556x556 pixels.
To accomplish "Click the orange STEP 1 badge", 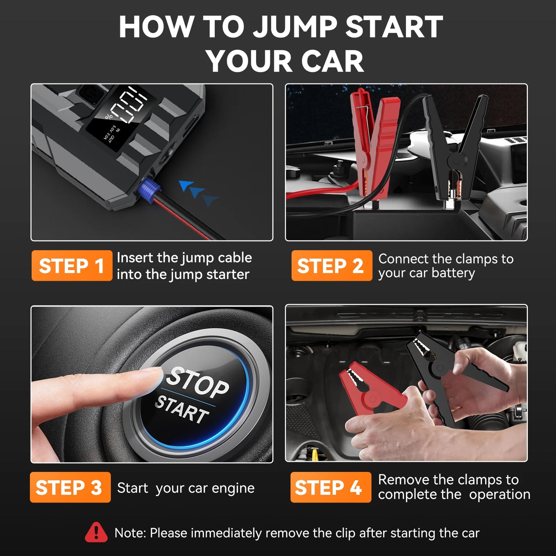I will (72, 265).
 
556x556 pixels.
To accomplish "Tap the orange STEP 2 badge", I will (331, 265).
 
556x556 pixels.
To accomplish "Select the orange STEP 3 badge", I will (70, 487).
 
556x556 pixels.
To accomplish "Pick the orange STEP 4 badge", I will (331, 487).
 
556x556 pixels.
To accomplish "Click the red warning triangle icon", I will (96, 532).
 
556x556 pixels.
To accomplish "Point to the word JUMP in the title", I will (296, 27).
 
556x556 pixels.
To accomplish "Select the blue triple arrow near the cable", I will (198, 192).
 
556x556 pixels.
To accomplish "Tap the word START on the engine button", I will (182, 410).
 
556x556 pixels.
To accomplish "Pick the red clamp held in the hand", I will (369, 392).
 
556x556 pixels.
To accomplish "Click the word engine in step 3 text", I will (233, 488).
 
